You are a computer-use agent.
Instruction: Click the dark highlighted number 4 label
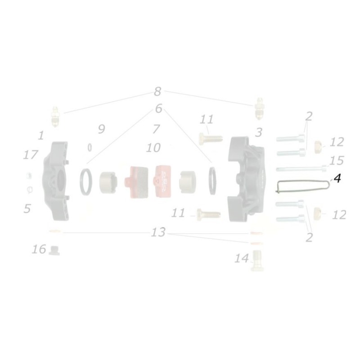[337, 179]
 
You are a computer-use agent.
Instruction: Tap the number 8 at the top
[157, 92]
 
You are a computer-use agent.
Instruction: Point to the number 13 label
[159, 233]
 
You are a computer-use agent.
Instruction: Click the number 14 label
[241, 258]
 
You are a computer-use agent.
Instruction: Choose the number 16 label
[40, 249]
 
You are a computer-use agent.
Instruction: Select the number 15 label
[337, 161]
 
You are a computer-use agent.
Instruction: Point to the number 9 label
[101, 130]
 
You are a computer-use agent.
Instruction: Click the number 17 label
[31, 155]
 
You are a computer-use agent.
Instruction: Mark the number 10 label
[153, 147]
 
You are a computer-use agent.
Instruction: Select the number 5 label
[27, 209]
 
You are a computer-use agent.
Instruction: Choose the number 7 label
[156, 129]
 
